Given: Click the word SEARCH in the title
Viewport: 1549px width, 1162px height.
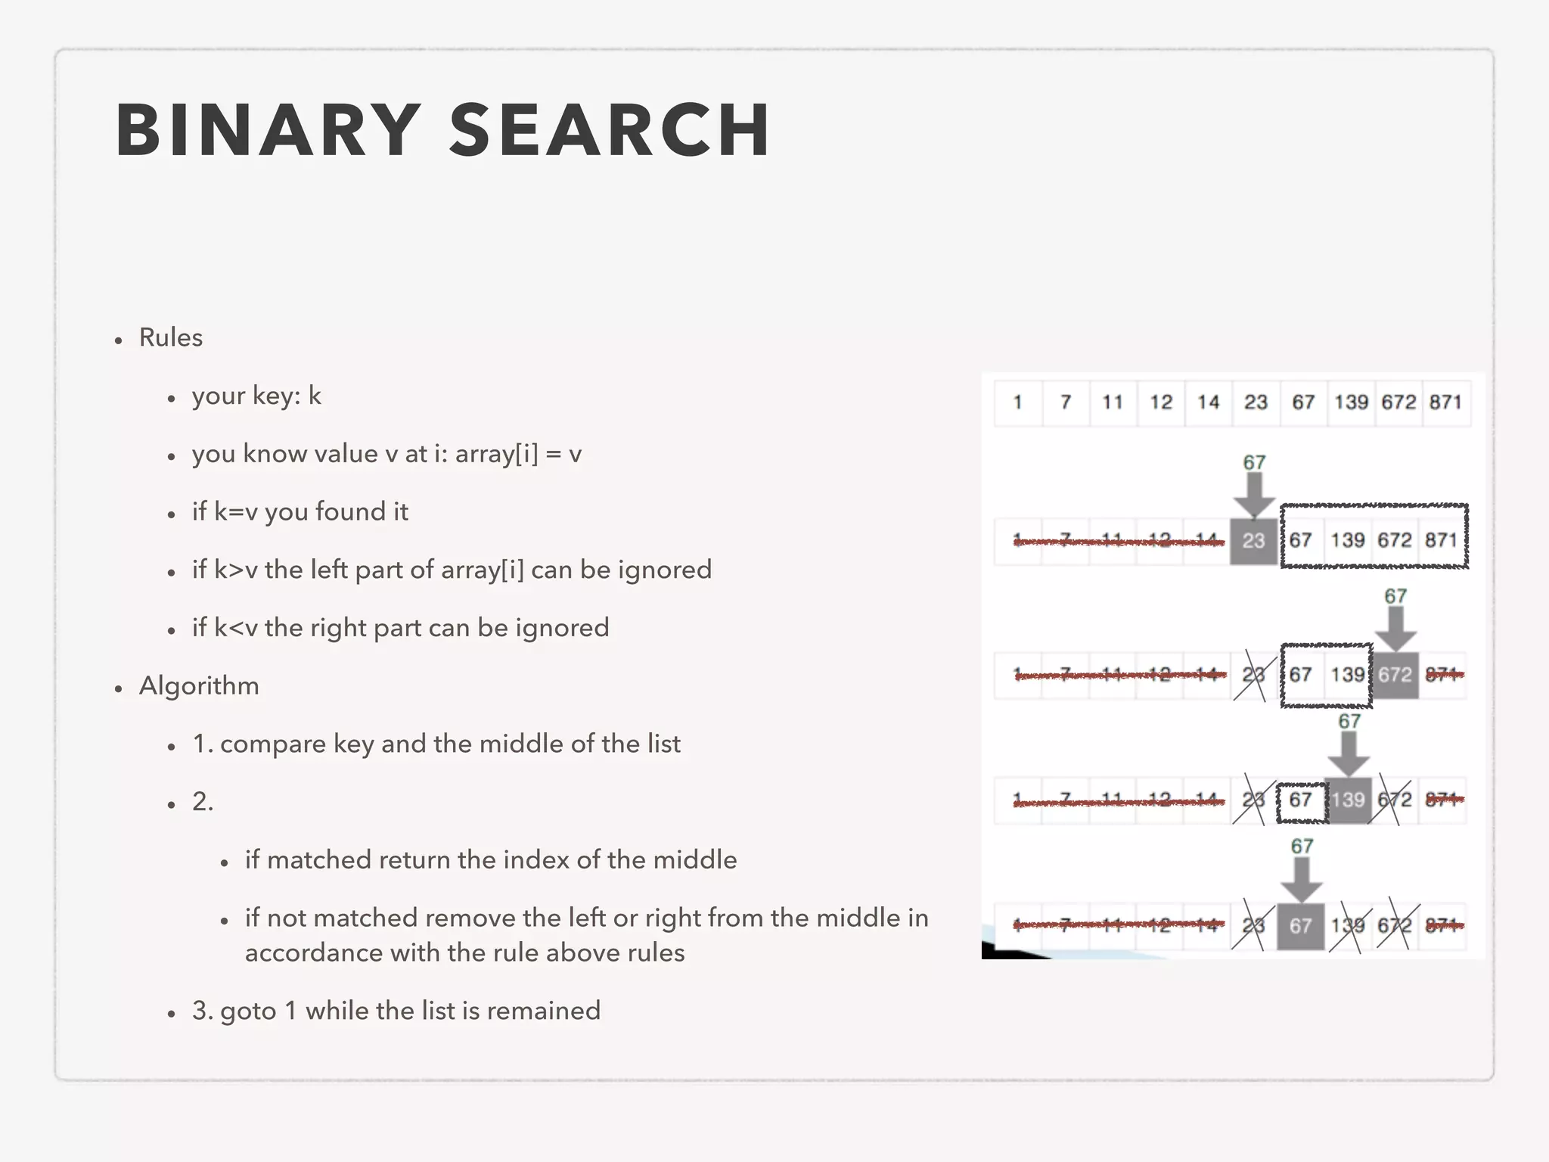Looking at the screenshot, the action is [x=610, y=130].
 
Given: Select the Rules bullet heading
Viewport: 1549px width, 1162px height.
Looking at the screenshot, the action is [x=171, y=337].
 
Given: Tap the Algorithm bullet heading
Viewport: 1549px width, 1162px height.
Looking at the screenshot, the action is [x=199, y=686].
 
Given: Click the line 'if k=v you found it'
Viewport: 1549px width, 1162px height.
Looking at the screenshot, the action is [x=300, y=512].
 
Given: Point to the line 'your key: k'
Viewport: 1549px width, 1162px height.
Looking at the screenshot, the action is [x=256, y=396].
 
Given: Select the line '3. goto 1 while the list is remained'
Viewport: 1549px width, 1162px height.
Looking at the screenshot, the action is [x=396, y=1011].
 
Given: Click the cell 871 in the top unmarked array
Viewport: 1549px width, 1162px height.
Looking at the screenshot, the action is [x=1445, y=402].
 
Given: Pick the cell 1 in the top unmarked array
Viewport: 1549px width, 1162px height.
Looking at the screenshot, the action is [x=1018, y=402].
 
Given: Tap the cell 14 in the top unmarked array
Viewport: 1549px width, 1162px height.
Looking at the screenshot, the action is [x=1208, y=402].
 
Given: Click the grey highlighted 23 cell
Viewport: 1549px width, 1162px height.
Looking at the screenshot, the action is [x=1253, y=541].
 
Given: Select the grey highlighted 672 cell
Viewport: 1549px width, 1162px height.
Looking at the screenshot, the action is [x=1395, y=675].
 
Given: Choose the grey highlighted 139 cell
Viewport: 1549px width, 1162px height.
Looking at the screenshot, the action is [x=1348, y=800].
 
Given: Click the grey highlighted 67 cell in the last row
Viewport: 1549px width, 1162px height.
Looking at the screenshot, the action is [x=1300, y=926].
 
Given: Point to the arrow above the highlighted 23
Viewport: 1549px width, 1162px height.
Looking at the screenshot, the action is [x=1254, y=496].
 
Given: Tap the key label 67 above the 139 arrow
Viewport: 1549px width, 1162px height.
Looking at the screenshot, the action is [x=1349, y=722].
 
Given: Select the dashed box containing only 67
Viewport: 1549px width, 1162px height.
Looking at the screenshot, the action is [x=1302, y=802].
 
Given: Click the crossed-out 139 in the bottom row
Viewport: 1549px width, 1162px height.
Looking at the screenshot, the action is [x=1348, y=926].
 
